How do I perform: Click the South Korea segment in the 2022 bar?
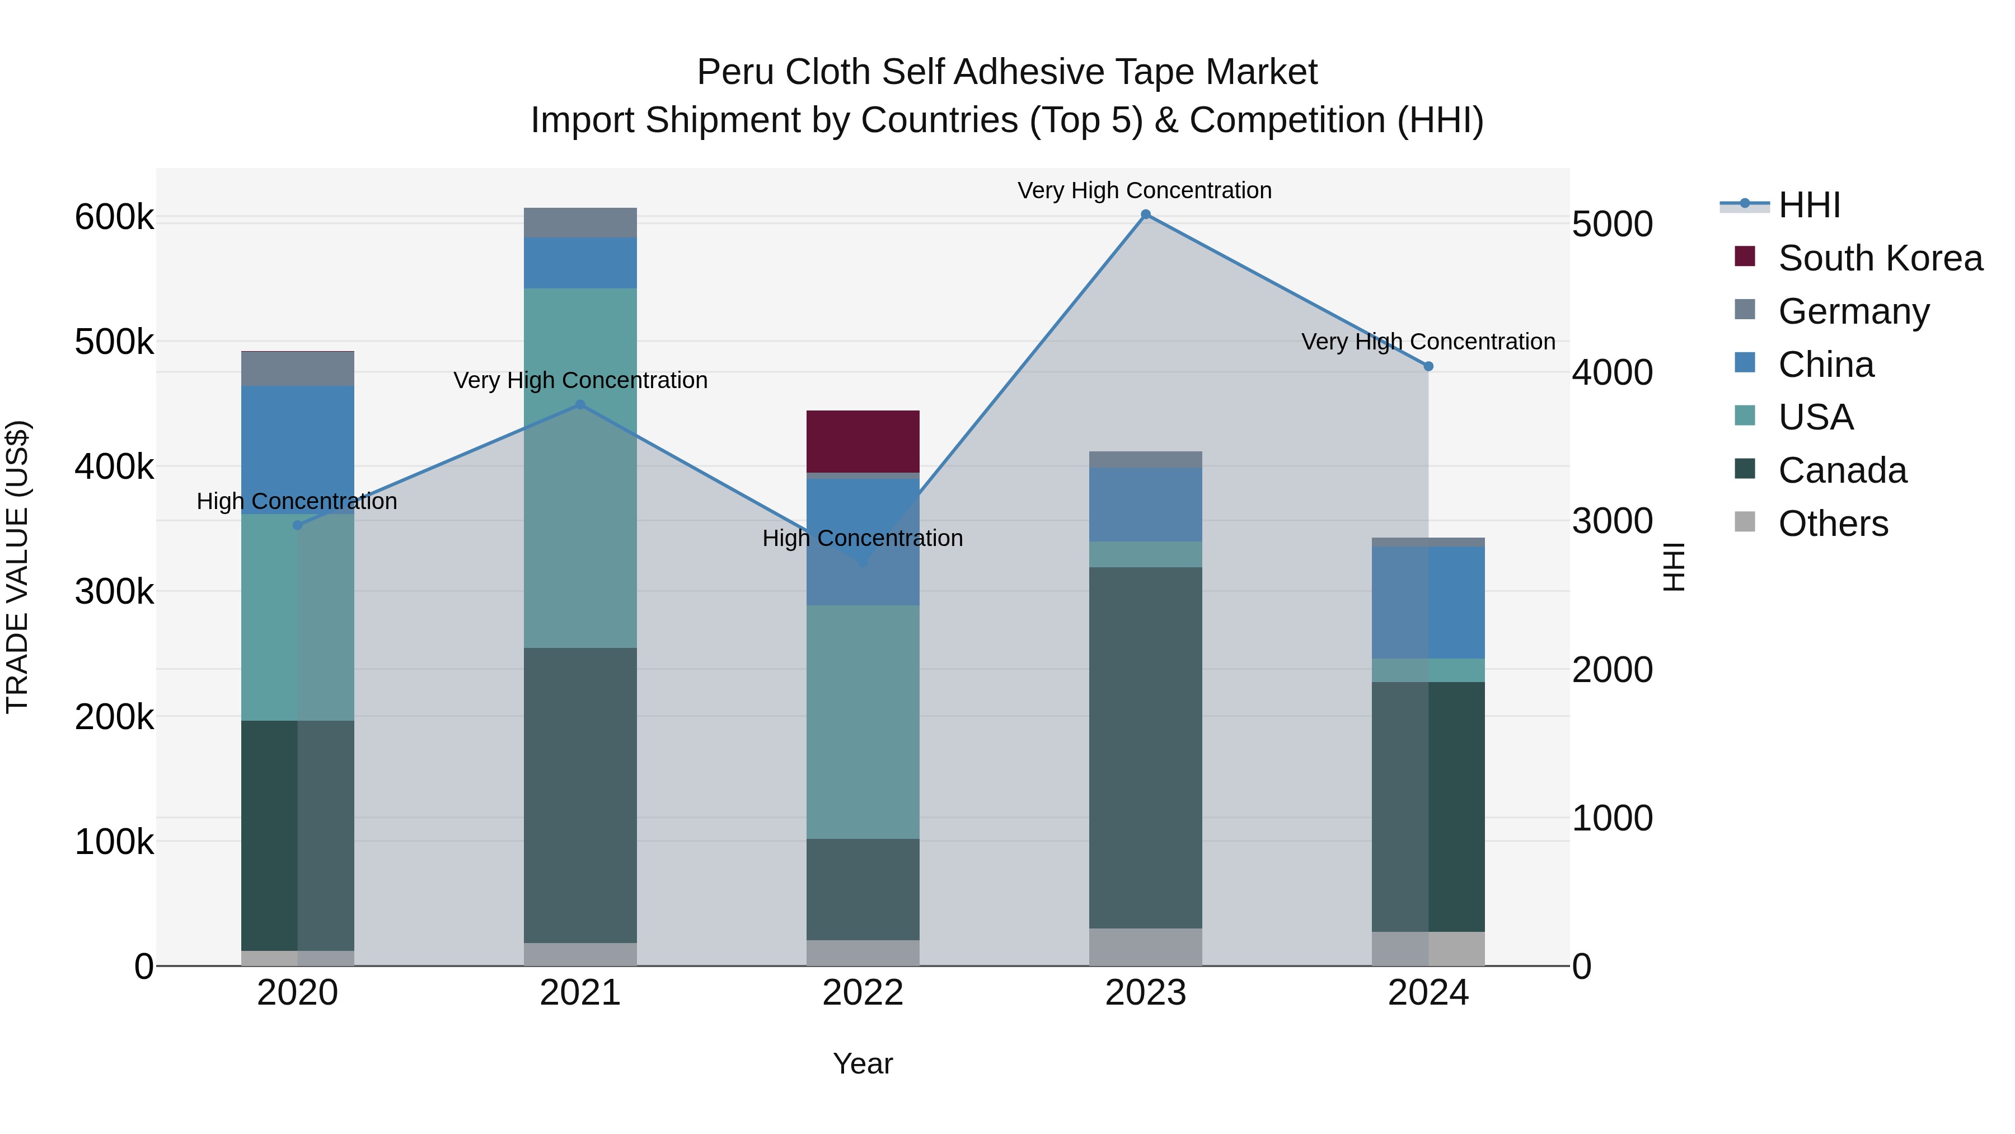pos(862,441)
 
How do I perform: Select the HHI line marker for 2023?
pos(1145,214)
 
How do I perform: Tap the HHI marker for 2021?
pos(580,405)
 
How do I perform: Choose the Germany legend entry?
pos(1853,311)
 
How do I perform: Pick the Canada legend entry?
pos(1842,470)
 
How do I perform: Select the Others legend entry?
pos(1833,524)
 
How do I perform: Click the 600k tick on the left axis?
pos(114,218)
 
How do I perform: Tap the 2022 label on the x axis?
pos(862,993)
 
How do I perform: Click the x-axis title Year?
pos(862,1063)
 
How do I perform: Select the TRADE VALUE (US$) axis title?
pos(17,567)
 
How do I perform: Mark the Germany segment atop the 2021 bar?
pos(580,222)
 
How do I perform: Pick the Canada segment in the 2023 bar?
pos(1145,748)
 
